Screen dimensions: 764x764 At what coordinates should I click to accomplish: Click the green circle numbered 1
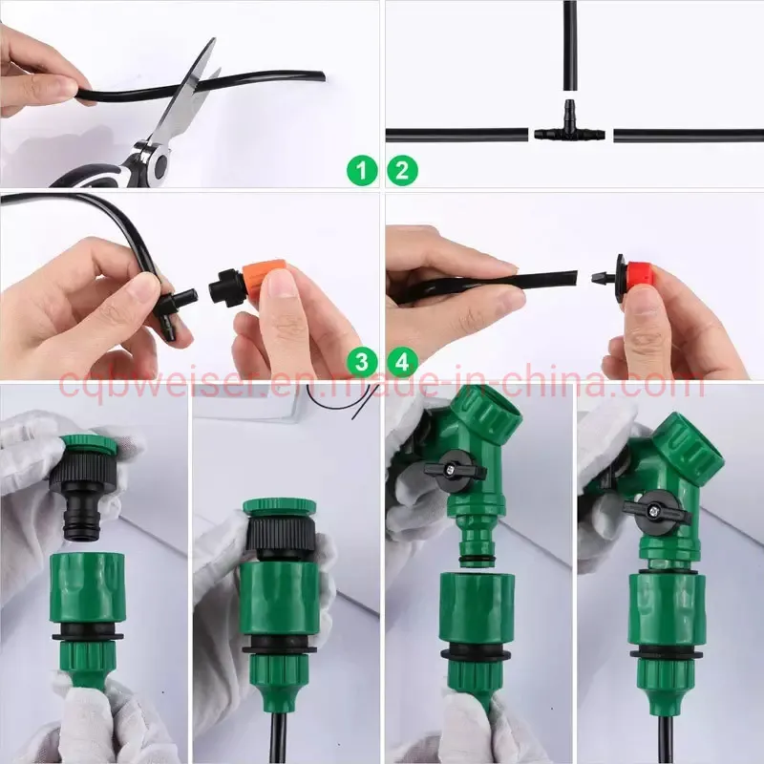[x=361, y=172]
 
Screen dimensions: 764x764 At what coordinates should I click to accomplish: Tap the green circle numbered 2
[x=402, y=172]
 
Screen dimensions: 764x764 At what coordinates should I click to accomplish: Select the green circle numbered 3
[x=361, y=362]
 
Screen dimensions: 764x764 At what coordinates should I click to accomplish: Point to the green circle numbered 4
[x=402, y=362]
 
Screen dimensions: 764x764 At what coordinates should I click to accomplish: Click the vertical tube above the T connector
[x=570, y=48]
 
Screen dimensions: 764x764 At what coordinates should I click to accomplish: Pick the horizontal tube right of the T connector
[x=688, y=136]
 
